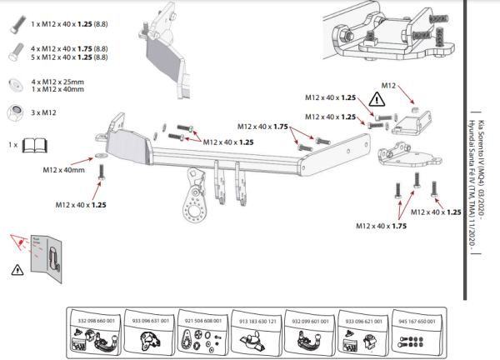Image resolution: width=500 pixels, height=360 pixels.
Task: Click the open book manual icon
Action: (36, 145)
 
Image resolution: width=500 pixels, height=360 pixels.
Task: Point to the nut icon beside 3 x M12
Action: (17, 112)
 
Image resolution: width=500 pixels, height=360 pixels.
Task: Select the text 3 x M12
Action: (42, 112)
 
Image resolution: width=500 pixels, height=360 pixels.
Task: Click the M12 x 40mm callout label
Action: (62, 170)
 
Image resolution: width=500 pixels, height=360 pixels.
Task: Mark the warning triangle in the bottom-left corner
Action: (17, 270)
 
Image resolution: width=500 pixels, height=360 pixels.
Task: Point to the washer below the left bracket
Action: (100, 156)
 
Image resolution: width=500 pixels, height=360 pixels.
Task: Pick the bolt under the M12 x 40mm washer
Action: (102, 172)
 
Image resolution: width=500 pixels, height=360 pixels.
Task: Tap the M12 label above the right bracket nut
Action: (388, 86)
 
